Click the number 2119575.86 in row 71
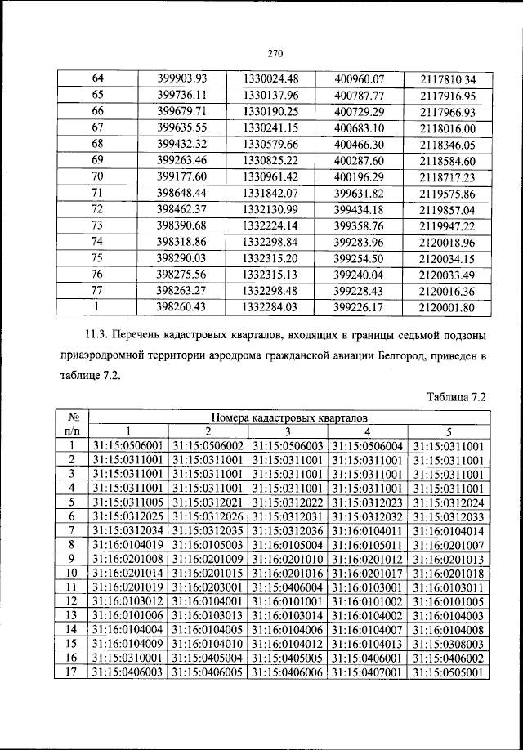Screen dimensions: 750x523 [447, 194]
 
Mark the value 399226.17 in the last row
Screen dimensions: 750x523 [360, 307]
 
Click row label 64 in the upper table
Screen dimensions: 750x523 [98, 79]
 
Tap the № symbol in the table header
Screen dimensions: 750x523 [71, 417]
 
